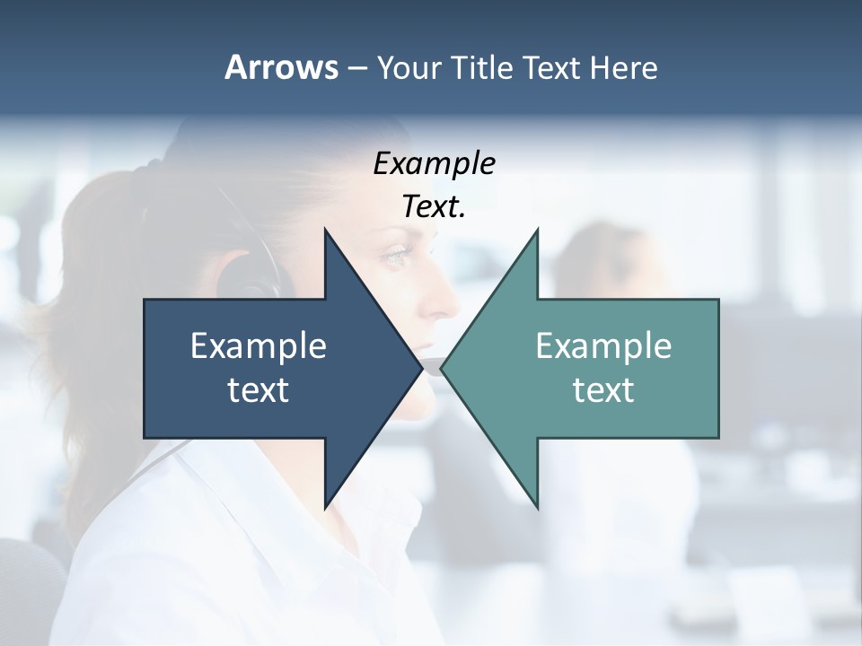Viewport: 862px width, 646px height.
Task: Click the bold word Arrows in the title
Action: point(281,67)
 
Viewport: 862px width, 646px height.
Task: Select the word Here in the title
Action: point(623,67)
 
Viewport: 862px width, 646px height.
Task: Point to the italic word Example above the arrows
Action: point(434,163)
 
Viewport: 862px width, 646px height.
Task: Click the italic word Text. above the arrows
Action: point(434,206)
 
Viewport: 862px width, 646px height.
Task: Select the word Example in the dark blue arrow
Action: point(259,345)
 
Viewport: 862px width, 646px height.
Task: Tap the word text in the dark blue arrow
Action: point(259,389)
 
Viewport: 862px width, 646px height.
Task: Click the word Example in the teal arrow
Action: point(603,345)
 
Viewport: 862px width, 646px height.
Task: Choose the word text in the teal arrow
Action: point(603,389)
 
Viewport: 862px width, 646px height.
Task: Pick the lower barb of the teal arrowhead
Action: point(536,502)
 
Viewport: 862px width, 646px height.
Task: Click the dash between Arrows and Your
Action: point(356,68)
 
